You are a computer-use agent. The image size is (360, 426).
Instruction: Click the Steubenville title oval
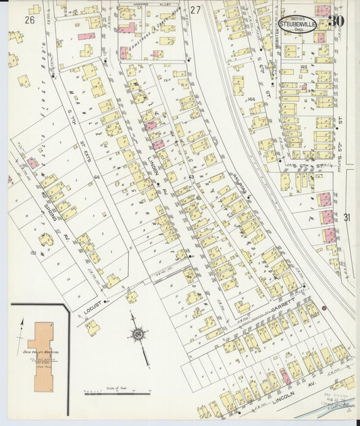[x=297, y=24]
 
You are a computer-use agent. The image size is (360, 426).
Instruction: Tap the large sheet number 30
[x=336, y=20]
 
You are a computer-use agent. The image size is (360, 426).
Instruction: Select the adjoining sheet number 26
[x=29, y=20]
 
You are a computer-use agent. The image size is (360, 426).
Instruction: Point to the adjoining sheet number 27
[x=195, y=10]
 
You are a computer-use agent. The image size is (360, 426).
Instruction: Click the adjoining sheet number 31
[x=346, y=217]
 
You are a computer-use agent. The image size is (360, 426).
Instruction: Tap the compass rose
[x=139, y=334]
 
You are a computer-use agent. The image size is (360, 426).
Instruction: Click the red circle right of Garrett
[x=325, y=308]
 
